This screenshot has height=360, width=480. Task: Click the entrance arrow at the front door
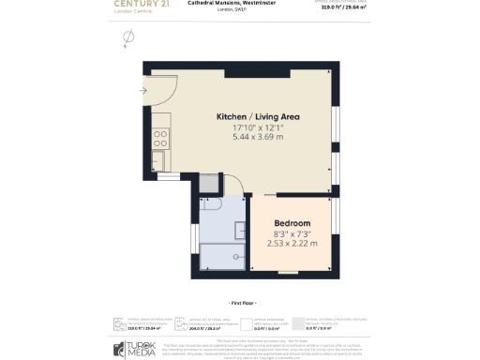(x=142, y=91)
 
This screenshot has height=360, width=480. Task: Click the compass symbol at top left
(x=128, y=38)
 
